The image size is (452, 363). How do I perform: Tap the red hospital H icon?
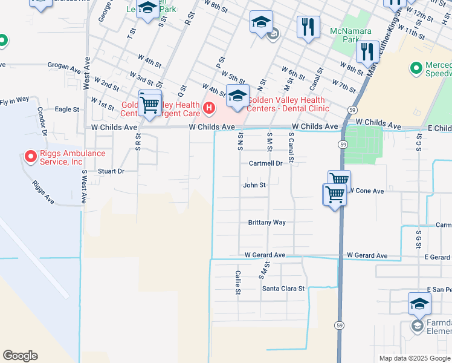(x=209, y=108)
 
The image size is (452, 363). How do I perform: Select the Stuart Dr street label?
(x=111, y=171)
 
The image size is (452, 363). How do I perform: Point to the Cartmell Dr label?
(x=265, y=163)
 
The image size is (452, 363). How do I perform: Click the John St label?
(x=254, y=185)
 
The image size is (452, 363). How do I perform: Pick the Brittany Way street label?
(x=266, y=222)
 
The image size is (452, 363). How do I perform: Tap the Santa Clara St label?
(x=283, y=289)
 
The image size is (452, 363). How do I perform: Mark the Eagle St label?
(x=67, y=110)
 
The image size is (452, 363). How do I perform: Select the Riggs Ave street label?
(x=44, y=191)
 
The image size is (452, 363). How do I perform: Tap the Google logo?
(x=20, y=356)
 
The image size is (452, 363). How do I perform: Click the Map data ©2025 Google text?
(x=414, y=358)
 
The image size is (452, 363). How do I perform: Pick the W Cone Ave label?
(x=366, y=191)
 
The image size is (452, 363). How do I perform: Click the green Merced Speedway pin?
(x=416, y=69)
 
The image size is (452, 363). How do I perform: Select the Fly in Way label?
(x=15, y=99)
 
